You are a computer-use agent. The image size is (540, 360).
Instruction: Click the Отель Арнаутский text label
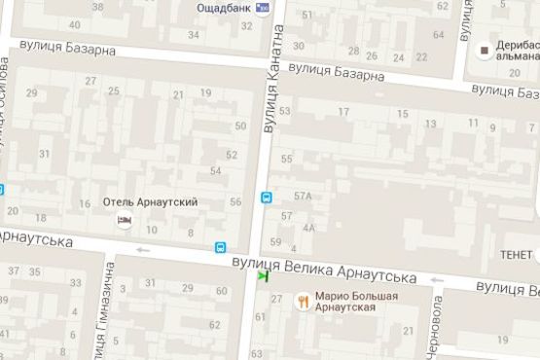pyautogui.click(x=151, y=202)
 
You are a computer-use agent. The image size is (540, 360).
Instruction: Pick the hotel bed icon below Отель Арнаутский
pyautogui.click(x=124, y=221)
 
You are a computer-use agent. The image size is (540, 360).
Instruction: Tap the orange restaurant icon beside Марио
pyautogui.click(x=304, y=301)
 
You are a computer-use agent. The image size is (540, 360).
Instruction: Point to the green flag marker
pyautogui.click(x=263, y=276)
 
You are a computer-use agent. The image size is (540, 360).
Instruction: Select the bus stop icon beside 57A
pyautogui.click(x=266, y=198)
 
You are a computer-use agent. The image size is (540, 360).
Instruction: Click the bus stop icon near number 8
pyautogui.click(x=221, y=247)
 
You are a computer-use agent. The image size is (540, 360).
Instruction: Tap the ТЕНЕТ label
pyautogui.click(x=516, y=254)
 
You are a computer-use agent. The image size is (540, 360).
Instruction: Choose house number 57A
pyautogui.click(x=302, y=196)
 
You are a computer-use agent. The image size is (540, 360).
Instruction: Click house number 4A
pyautogui.click(x=309, y=228)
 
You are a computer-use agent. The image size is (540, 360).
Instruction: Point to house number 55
pyautogui.click(x=286, y=159)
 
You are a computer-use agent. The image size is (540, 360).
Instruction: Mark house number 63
pyautogui.click(x=256, y=353)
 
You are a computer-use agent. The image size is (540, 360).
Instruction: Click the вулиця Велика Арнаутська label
pyautogui.click(x=324, y=270)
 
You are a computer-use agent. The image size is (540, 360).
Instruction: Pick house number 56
pyautogui.click(x=235, y=201)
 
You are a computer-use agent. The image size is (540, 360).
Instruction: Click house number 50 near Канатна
pyautogui.click(x=241, y=126)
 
